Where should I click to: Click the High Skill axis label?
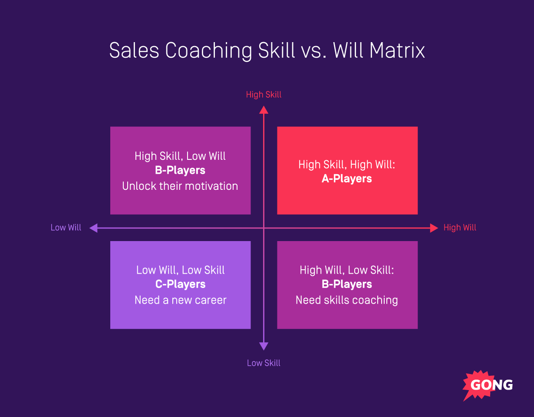pos(264,95)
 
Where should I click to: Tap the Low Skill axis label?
pos(264,363)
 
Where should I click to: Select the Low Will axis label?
pos(66,228)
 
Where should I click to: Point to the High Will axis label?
pos(460,228)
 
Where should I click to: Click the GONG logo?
pos(488,385)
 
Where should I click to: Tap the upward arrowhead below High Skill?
pos(264,109)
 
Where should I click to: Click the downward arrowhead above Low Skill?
pos(264,346)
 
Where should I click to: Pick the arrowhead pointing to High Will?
pos(434,228)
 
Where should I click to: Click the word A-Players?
pos(346,179)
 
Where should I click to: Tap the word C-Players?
pos(180,284)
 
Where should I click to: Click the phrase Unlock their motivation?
pos(180,186)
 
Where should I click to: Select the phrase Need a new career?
pos(180,300)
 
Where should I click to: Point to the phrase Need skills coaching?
pos(346,300)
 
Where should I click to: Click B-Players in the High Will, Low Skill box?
pos(346,284)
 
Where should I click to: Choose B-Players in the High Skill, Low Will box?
pos(180,170)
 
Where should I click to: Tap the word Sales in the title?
pos(135,51)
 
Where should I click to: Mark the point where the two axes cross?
pos(264,228)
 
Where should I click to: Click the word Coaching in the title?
pos(209,51)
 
